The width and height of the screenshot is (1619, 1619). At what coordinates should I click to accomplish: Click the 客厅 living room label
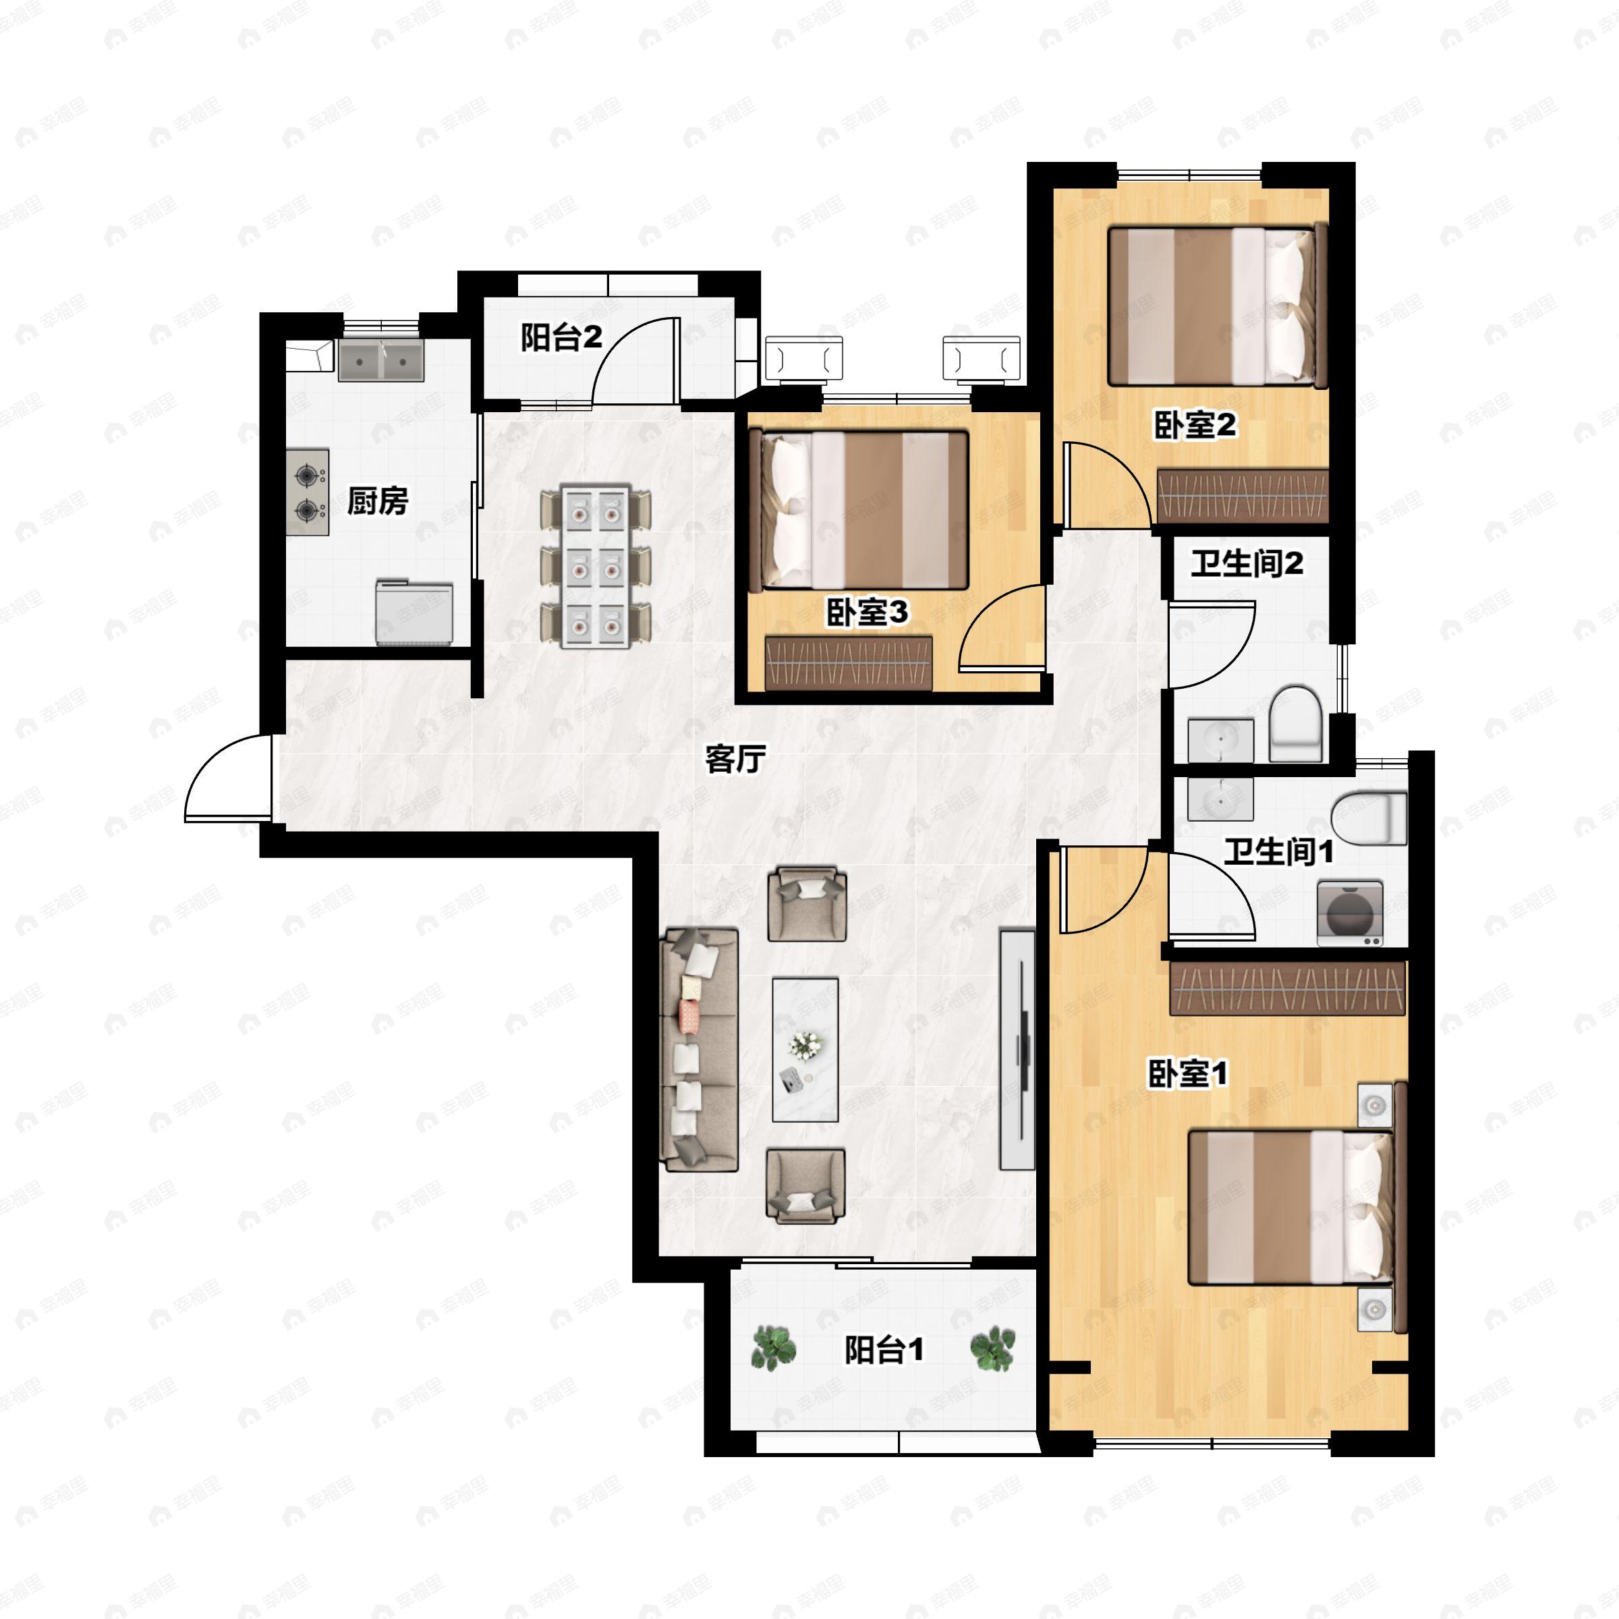pyautogui.click(x=735, y=759)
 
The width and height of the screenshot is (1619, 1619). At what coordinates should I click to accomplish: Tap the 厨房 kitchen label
pyautogui.click(x=377, y=501)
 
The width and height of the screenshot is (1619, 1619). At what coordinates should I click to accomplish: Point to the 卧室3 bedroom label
pyautogui.click(x=866, y=613)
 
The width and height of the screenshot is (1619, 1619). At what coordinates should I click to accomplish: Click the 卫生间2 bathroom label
pyautogui.click(x=1247, y=563)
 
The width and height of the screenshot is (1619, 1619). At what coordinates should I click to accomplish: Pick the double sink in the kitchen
pyautogui.click(x=381, y=360)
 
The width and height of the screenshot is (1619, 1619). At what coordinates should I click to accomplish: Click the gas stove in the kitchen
pyautogui.click(x=308, y=492)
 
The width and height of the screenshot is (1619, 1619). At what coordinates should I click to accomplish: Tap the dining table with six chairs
pyautogui.click(x=596, y=566)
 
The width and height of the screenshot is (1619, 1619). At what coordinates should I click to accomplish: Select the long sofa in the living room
pyautogui.click(x=700, y=1048)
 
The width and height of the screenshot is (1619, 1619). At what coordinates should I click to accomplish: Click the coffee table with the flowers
pyautogui.click(x=805, y=1049)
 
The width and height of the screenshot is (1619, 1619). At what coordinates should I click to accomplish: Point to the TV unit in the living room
pyautogui.click(x=1017, y=1048)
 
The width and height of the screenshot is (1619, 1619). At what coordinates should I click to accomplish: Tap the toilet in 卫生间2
pyautogui.click(x=1295, y=725)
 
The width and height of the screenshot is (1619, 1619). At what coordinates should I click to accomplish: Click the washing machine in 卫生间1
pyautogui.click(x=1350, y=913)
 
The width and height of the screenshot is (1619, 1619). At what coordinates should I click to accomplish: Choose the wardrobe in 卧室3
pyautogui.click(x=849, y=663)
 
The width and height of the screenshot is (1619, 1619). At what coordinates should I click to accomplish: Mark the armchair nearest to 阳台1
pyautogui.click(x=805, y=1186)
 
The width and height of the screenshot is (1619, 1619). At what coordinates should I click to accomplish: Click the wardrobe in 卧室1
pyautogui.click(x=1287, y=988)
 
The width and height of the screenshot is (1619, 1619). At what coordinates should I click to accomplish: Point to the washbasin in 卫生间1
pyautogui.click(x=1220, y=799)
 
